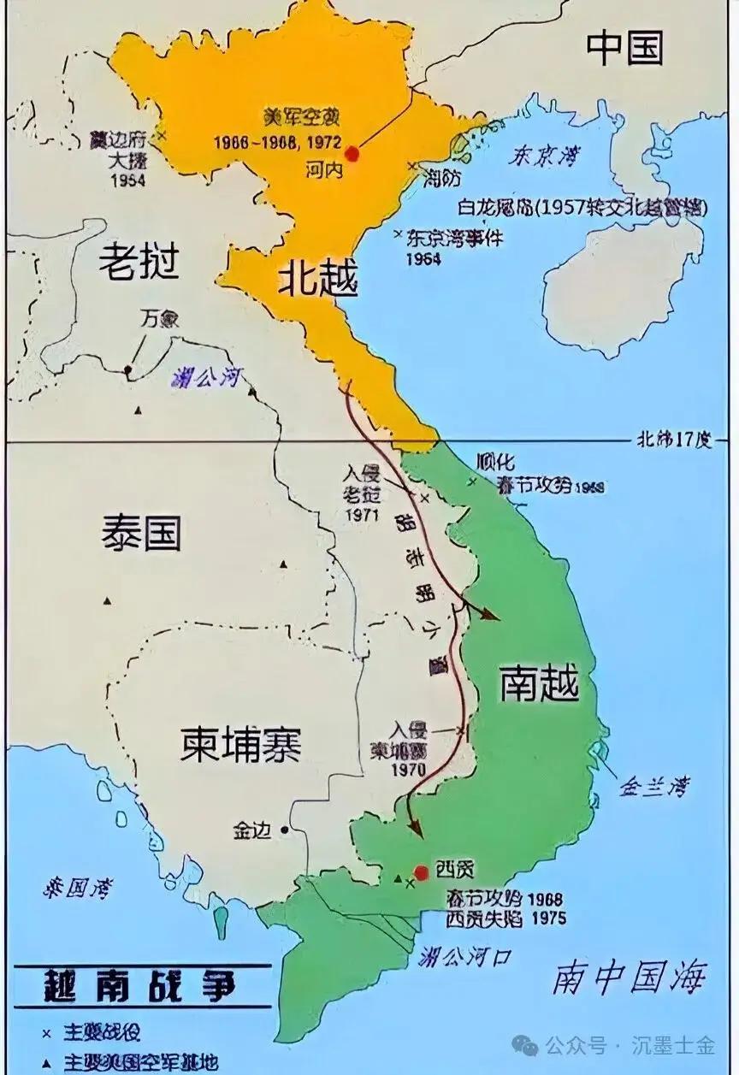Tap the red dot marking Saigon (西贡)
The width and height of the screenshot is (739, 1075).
(x=421, y=872)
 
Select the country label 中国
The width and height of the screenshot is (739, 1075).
(x=624, y=50)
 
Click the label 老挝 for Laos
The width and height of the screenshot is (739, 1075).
(x=139, y=261)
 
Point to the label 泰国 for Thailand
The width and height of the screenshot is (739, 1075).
(x=141, y=533)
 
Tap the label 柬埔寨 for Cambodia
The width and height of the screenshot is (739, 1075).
(x=240, y=744)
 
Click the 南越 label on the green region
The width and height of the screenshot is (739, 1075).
(x=539, y=684)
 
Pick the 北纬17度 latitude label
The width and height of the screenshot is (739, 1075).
(x=673, y=440)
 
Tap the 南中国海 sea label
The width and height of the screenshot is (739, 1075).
(x=631, y=977)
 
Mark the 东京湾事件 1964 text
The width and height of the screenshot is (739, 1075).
(x=453, y=247)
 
